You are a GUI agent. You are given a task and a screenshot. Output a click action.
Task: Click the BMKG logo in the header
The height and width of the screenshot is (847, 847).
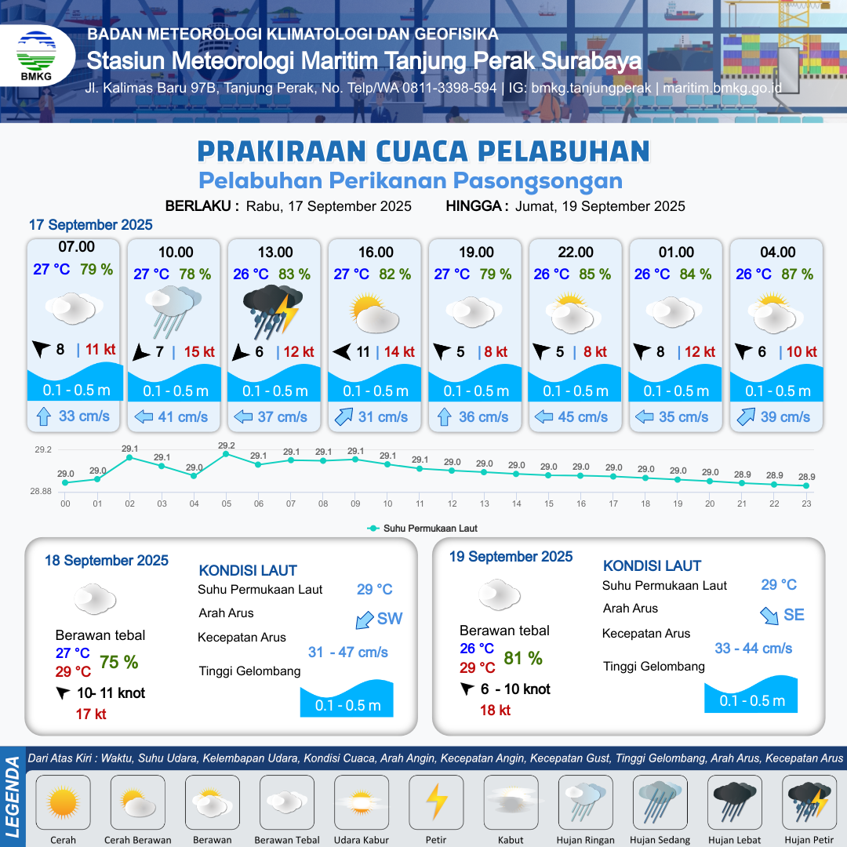tap(36, 55)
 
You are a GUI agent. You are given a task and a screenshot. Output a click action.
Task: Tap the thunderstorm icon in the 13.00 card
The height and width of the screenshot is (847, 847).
tap(273, 311)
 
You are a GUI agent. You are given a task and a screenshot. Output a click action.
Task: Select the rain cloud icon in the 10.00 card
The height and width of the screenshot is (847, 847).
tap(173, 311)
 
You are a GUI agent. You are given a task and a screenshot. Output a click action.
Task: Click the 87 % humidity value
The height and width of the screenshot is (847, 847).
tap(798, 274)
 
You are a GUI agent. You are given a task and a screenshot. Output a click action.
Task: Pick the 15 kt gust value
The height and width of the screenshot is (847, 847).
tap(199, 351)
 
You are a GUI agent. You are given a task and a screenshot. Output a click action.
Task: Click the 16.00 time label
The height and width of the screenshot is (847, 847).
tap(376, 253)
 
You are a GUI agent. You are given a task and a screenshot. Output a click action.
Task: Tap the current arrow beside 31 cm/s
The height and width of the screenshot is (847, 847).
tap(344, 417)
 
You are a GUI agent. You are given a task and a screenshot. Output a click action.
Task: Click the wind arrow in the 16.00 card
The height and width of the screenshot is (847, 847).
tap(342, 352)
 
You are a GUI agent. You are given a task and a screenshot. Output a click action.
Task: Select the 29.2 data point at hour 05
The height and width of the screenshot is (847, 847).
tap(227, 454)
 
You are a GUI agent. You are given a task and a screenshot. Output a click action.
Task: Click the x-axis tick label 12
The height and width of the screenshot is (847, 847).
tap(453, 503)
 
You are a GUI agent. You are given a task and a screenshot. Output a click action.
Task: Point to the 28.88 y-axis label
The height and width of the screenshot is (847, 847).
tap(41, 491)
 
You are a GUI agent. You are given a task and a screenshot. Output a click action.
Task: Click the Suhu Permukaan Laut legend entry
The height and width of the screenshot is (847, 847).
tap(423, 529)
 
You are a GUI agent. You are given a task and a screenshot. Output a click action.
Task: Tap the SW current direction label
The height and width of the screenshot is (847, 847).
tap(390, 619)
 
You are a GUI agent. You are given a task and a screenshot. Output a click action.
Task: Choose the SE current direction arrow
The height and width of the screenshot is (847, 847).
tap(769, 616)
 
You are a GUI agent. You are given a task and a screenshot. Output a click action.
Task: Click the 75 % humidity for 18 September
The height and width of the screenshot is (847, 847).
tap(119, 662)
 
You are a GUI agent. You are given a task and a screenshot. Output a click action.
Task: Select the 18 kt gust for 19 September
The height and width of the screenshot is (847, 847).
tap(496, 711)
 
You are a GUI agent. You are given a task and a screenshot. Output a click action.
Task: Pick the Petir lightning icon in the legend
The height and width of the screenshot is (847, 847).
tap(436, 802)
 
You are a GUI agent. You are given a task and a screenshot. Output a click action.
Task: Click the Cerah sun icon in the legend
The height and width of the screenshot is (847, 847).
tap(64, 802)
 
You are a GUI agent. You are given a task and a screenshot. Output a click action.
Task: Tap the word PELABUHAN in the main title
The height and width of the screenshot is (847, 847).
tap(564, 151)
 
